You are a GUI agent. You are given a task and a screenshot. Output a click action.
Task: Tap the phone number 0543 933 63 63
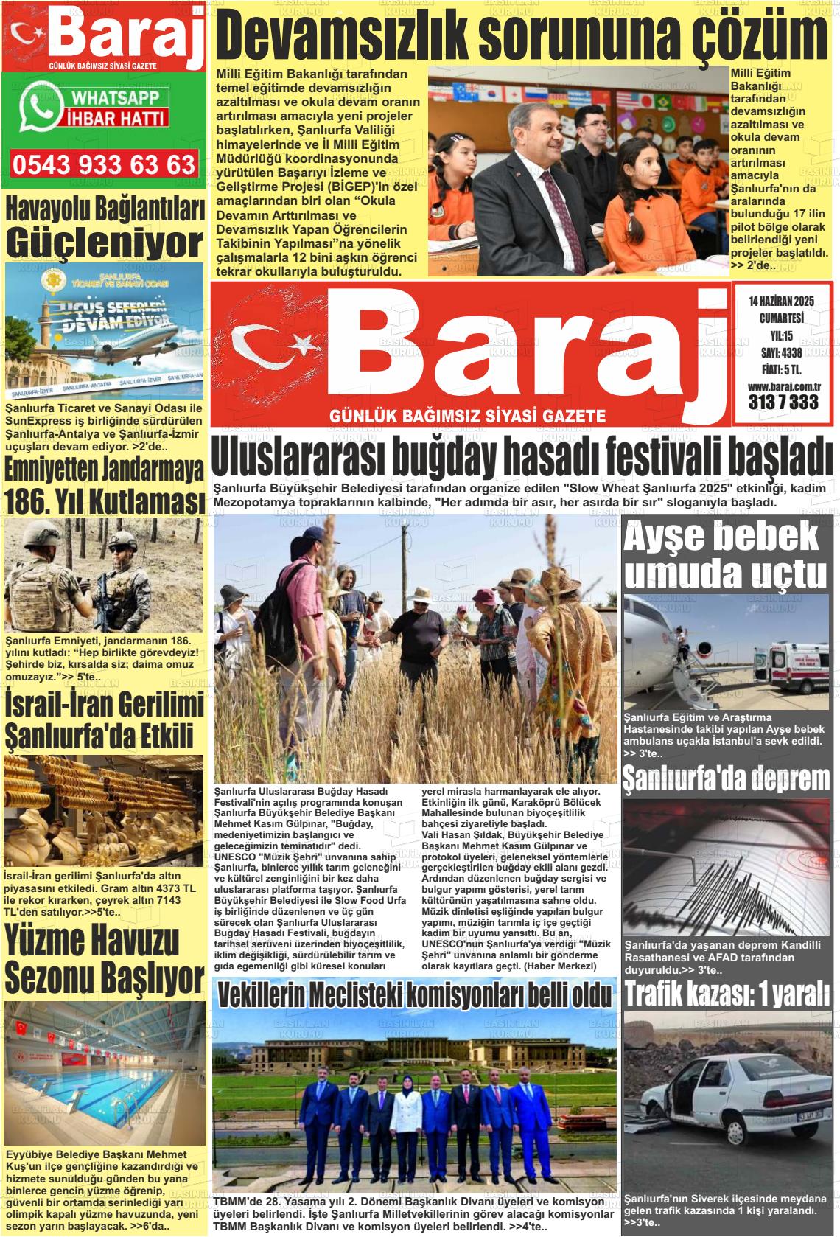104,164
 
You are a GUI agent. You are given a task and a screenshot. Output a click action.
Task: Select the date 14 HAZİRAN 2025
780,302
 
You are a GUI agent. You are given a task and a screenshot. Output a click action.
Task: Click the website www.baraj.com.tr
784,386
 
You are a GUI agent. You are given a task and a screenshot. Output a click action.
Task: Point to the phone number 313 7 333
783,403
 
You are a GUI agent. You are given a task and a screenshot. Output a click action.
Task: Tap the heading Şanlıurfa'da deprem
727,778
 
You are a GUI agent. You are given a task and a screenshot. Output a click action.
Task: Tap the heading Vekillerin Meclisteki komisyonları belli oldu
415,995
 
